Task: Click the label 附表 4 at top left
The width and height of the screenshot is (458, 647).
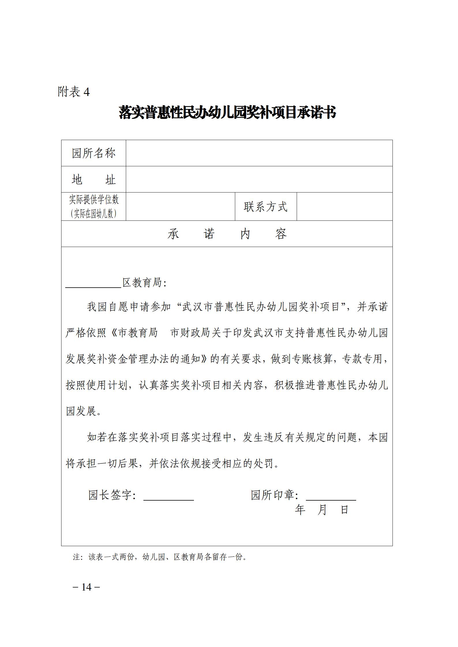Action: [x=74, y=92]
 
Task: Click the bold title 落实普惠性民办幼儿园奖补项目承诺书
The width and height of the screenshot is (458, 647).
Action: [x=227, y=113]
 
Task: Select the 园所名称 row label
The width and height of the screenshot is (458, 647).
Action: [x=94, y=153]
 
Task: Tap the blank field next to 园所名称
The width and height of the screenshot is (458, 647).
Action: [x=259, y=153]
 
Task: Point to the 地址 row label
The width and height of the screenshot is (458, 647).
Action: [x=94, y=180]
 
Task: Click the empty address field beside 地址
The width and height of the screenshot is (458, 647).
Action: [x=259, y=180]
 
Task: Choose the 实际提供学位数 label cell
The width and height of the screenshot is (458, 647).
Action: [x=94, y=206]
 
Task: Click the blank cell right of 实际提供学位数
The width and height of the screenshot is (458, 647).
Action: [x=180, y=206]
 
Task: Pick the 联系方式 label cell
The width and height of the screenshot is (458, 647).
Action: [x=266, y=207]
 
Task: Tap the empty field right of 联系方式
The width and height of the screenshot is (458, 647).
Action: [x=344, y=207]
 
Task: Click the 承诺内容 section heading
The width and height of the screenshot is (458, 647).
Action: [x=227, y=234]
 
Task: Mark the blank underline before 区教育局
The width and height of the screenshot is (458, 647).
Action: [x=93, y=284]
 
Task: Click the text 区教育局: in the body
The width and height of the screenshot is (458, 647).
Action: [x=145, y=283]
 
